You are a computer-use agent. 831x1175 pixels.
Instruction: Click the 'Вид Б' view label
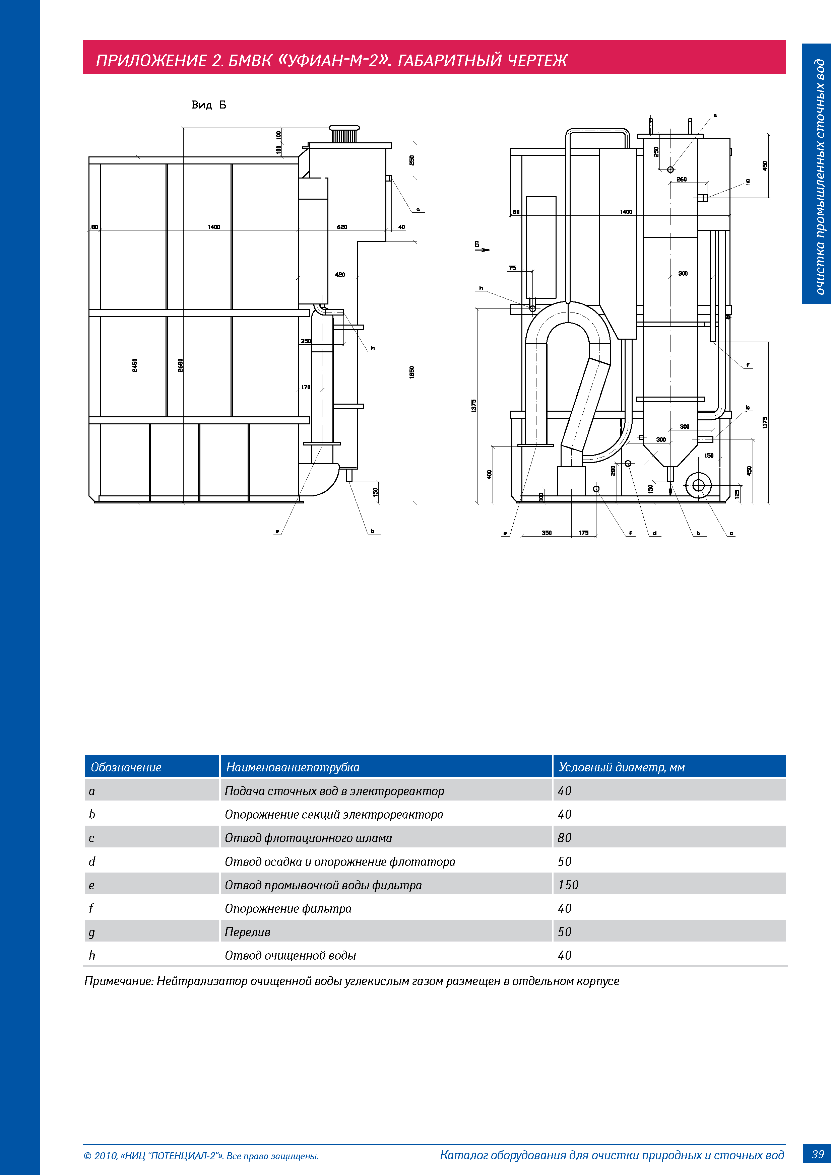208,105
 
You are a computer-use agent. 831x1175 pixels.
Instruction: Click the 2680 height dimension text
180,365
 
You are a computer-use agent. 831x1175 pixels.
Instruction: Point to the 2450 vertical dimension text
135,365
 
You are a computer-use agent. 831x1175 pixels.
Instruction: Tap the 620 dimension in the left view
342,227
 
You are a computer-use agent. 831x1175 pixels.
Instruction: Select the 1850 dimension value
412,372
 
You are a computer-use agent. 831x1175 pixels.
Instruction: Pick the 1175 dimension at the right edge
764,422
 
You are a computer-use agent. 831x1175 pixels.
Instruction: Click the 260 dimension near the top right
682,179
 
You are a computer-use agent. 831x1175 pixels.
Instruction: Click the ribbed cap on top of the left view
344,135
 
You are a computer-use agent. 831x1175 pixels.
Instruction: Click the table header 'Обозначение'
126,767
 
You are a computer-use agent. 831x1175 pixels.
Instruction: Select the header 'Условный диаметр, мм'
622,767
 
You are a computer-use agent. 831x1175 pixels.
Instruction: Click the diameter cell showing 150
568,885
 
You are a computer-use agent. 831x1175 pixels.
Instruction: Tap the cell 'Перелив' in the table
247,932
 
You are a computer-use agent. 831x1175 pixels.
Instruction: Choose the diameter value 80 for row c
564,838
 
